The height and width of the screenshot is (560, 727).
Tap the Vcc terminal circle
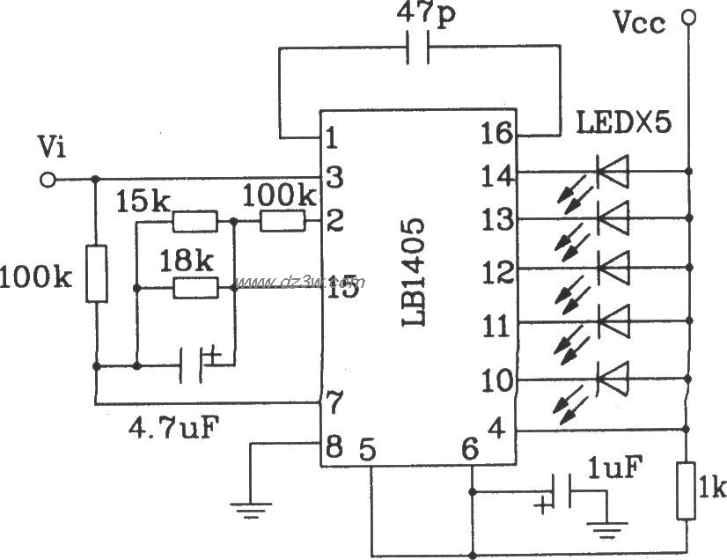click(x=689, y=16)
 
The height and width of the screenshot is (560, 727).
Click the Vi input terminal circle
click(x=49, y=180)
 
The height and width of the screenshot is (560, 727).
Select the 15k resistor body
click(x=195, y=223)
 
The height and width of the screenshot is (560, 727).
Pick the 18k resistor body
click(x=195, y=286)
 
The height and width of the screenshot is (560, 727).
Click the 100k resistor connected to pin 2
click(x=281, y=223)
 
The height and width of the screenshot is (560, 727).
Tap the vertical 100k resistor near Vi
click(x=95, y=274)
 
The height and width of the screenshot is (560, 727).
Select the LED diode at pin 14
click(x=613, y=171)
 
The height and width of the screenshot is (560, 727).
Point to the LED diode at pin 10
click(x=613, y=379)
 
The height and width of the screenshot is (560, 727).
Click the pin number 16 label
click(x=497, y=134)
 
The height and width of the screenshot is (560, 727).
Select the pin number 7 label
click(x=332, y=398)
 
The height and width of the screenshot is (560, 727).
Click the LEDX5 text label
click(x=623, y=122)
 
